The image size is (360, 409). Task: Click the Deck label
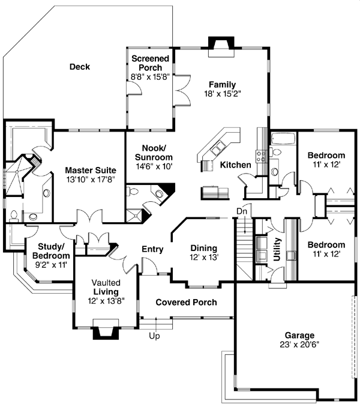coord(79,67)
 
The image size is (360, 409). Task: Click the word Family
coord(221,84)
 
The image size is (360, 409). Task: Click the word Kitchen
coord(235,165)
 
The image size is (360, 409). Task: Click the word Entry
coord(153,249)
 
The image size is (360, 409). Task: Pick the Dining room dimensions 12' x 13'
coord(203,257)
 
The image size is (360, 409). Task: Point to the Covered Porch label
coord(186,302)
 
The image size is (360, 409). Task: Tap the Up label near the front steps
coord(154,336)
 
